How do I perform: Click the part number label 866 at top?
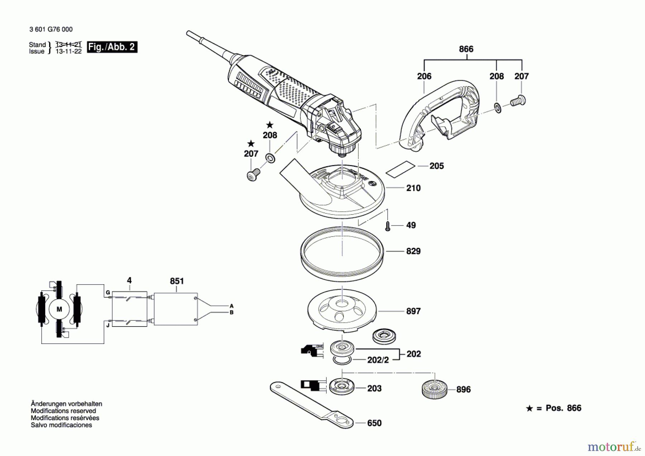click(x=466, y=49)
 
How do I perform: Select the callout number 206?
click(x=424, y=76)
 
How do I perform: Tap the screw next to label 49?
click(x=387, y=226)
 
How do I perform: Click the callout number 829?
click(x=413, y=251)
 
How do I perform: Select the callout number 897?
click(x=413, y=311)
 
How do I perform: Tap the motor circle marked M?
click(x=59, y=309)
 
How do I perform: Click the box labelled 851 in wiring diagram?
click(x=176, y=309)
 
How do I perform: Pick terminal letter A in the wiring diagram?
click(x=231, y=306)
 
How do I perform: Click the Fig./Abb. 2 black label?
click(x=112, y=47)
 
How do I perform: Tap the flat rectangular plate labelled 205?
click(x=400, y=169)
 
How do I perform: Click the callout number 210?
click(x=413, y=188)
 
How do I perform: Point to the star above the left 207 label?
click(x=251, y=144)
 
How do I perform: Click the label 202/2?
click(x=378, y=360)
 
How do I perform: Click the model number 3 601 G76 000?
click(x=51, y=29)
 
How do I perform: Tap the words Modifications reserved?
click(x=63, y=411)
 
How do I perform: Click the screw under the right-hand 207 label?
click(x=518, y=101)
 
